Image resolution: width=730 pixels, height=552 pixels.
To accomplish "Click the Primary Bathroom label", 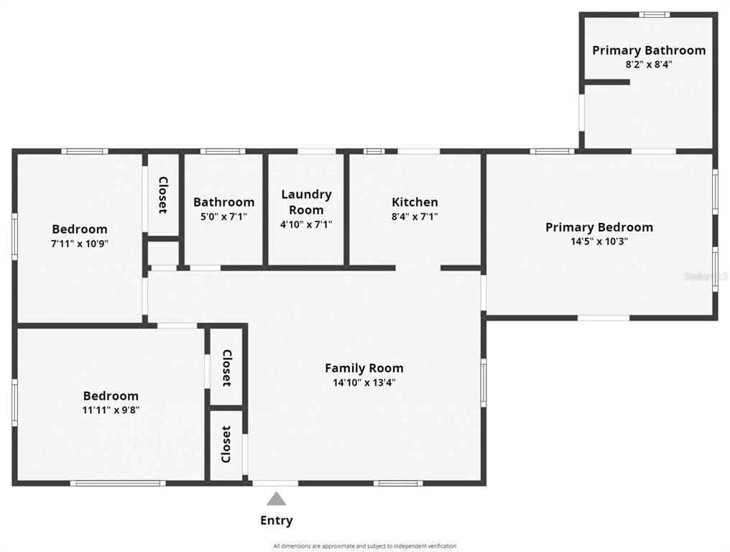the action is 649,50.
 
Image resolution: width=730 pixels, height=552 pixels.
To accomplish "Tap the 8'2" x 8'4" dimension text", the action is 649,64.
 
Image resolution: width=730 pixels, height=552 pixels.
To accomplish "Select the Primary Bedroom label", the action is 599,227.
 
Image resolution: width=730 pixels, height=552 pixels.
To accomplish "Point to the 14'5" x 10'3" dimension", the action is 599,241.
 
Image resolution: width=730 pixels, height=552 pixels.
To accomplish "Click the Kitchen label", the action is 415,202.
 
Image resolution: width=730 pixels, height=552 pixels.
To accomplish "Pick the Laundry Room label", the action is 306,202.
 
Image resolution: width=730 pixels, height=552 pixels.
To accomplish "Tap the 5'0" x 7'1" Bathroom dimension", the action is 224,216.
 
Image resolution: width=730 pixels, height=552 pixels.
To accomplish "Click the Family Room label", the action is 364,368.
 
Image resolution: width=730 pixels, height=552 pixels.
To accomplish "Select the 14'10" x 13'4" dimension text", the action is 364,382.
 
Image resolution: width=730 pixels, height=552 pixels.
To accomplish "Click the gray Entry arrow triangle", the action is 277,498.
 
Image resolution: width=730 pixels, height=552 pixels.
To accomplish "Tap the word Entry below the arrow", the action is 277,520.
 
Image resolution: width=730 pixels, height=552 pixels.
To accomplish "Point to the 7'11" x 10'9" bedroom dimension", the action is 80,243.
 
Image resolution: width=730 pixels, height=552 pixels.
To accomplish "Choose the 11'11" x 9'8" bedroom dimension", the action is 111,410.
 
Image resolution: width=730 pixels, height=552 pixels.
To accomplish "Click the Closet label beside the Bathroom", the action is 163,195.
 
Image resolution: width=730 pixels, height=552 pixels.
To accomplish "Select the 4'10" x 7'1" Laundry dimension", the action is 306,224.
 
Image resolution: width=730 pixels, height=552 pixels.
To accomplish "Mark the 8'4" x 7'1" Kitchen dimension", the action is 415,216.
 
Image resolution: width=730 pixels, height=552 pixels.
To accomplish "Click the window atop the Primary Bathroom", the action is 654,14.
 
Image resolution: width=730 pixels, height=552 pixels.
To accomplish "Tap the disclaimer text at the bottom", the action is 365,546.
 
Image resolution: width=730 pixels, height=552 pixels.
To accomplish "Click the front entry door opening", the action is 276,484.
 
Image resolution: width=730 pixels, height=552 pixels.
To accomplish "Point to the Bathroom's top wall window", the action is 223,151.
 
